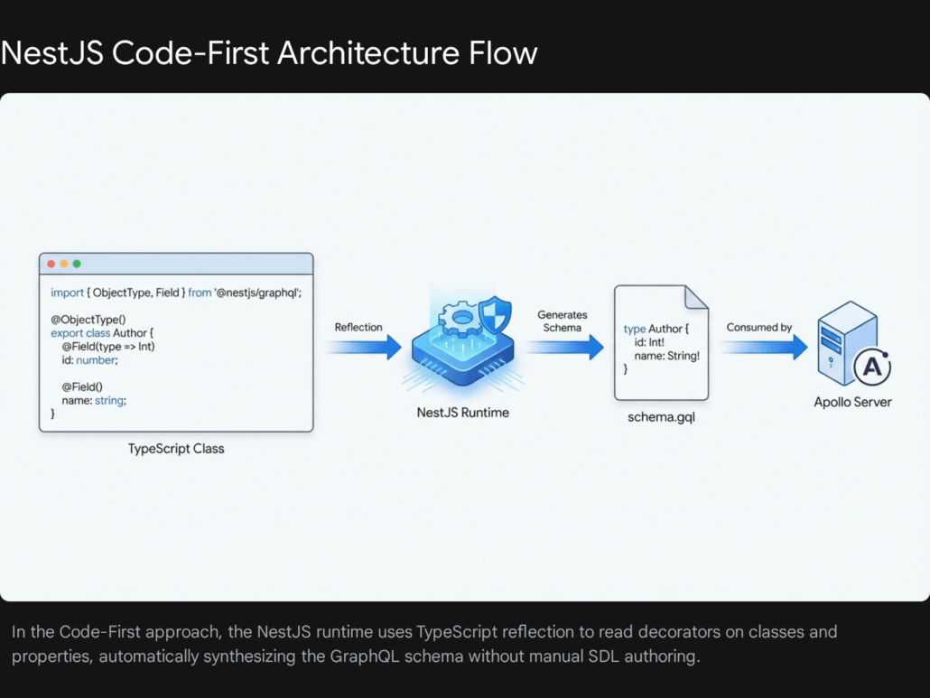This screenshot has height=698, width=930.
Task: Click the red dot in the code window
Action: [51, 264]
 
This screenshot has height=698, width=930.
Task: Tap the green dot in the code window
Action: [77, 264]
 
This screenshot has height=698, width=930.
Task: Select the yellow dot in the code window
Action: [64, 264]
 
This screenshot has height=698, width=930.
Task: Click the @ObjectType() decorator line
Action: [88, 319]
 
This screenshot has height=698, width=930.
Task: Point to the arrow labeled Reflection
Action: [363, 346]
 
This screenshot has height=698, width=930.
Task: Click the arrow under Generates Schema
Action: [564, 347]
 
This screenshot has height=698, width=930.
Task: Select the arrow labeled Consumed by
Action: [763, 347]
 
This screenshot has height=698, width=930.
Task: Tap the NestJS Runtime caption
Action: [462, 413]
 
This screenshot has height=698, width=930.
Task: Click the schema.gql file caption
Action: [660, 419]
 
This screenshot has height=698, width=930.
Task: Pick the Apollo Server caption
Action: [852, 402]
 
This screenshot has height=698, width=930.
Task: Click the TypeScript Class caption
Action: [176, 449]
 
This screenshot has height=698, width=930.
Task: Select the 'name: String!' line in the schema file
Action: [667, 356]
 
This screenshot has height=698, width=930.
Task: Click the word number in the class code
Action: [97, 359]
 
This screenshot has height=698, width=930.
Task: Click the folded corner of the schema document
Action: [695, 297]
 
